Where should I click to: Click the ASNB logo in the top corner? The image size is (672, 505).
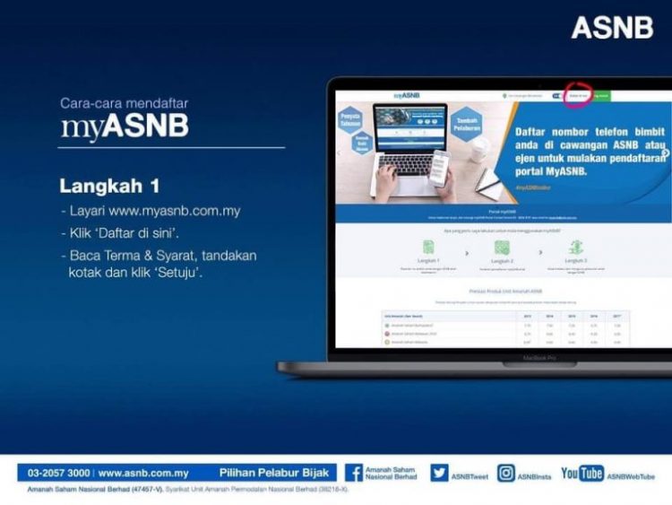pyautogui.click(x=612, y=27)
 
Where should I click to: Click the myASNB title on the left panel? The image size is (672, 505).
pyautogui.click(x=125, y=126)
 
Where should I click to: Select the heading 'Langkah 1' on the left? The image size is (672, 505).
pyautogui.click(x=109, y=187)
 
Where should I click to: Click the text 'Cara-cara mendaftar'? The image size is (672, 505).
pyautogui.click(x=125, y=103)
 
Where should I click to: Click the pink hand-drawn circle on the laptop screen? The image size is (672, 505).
pyautogui.click(x=578, y=95)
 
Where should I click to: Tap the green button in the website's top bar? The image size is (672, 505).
pyautogui.click(x=600, y=95)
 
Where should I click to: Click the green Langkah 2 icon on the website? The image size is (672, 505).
pyautogui.click(x=502, y=246)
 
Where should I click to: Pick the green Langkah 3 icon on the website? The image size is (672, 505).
pyautogui.click(x=576, y=246)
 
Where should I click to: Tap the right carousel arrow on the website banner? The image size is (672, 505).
pyautogui.click(x=665, y=152)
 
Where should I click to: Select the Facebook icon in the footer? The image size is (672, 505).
pyautogui.click(x=354, y=473)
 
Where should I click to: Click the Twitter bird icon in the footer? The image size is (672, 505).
pyautogui.click(x=439, y=473)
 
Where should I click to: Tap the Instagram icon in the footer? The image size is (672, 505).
pyautogui.click(x=506, y=473)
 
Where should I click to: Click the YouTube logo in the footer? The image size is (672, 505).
pyautogui.click(x=582, y=473)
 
